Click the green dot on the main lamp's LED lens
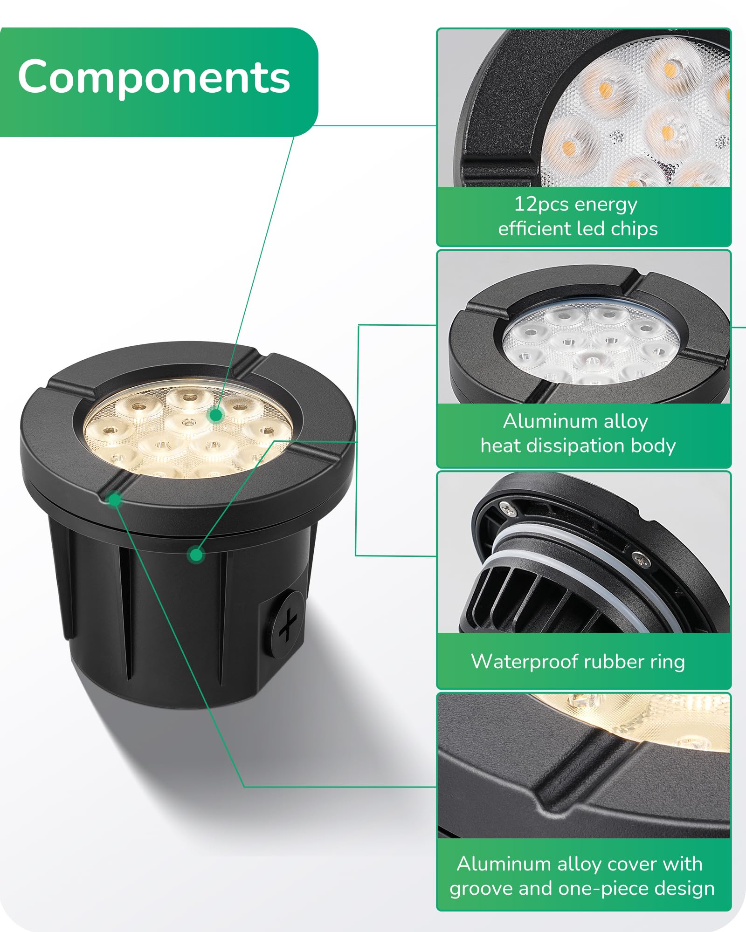[216, 415]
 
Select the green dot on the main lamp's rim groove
[114, 500]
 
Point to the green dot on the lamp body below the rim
[196, 555]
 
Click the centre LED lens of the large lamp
[188, 423]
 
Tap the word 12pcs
[541, 205]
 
